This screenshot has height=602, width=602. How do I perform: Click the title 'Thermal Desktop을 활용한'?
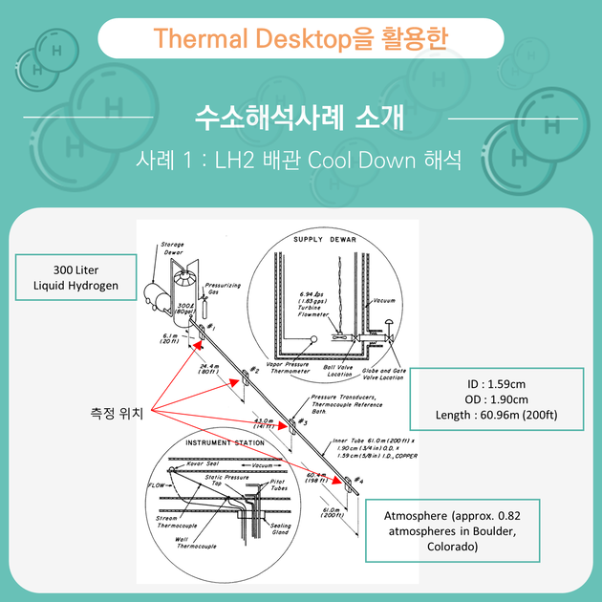pos(301,38)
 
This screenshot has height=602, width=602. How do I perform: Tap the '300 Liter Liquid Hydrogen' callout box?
pos(75,277)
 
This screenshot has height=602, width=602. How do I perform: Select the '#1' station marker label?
pos(208,328)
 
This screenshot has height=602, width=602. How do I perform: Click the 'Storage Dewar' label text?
pos(172,248)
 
